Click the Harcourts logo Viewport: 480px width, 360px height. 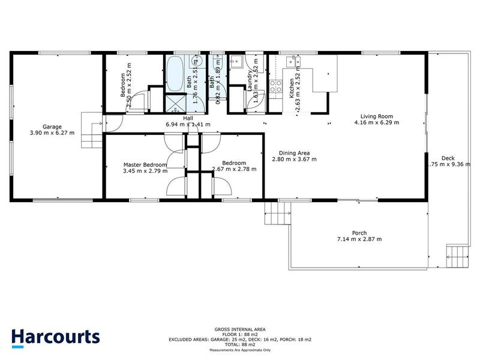[56, 337]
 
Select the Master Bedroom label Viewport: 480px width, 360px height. [145, 164]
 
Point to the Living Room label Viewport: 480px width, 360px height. [376, 116]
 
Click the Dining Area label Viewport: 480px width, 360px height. [294, 153]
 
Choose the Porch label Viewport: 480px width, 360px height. [360, 233]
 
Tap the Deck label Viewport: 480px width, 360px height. [448, 158]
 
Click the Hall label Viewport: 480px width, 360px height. [188, 118]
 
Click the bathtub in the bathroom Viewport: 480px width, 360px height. [176, 74]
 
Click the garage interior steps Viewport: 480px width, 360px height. [92, 130]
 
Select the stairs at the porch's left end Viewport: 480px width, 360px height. [277, 212]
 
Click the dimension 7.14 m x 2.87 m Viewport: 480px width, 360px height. [360, 239]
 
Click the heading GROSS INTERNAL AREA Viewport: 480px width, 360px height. [239, 329]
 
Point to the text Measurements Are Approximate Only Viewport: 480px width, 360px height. [239, 350]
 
